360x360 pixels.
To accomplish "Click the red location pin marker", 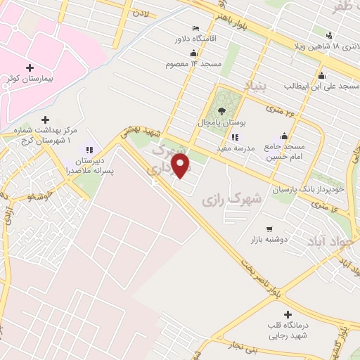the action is click(x=181, y=166).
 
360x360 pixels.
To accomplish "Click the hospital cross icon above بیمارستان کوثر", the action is click(x=29, y=67).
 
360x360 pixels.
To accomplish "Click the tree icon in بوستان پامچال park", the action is click(x=222, y=110).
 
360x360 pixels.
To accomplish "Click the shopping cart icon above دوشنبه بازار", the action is click(x=270, y=229).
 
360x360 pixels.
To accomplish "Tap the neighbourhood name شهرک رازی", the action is click(x=232, y=200).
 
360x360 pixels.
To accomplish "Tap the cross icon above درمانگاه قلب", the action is click(x=287, y=315).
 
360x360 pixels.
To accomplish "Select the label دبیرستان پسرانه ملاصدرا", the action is click(x=89, y=165).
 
